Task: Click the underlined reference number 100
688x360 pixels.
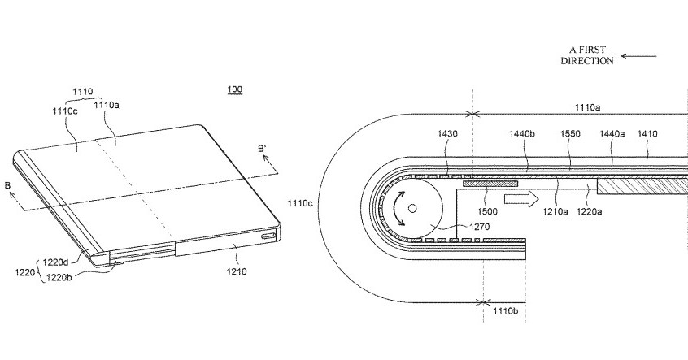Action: pos(235,90)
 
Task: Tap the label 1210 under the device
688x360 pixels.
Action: pos(237,272)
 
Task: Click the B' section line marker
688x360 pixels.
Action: pos(263,149)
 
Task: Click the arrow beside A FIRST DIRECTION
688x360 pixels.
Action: pos(638,56)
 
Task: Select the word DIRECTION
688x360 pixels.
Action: pos(587,61)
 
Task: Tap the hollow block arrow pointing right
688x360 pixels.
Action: pos(520,199)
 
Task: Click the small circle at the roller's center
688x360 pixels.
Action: pos(412,209)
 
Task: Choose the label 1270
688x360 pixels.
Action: pos(480,228)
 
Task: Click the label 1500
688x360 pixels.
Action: pos(487,212)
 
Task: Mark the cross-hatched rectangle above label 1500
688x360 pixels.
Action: pos(490,183)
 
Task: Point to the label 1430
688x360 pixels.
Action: pos(447,134)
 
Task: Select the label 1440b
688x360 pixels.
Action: pos(522,134)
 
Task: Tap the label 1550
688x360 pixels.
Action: pos(570,134)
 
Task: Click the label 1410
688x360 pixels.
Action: pos(647,134)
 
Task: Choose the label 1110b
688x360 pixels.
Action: pos(506,311)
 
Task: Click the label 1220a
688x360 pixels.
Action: pos(589,212)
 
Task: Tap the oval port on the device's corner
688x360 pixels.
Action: pos(267,236)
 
